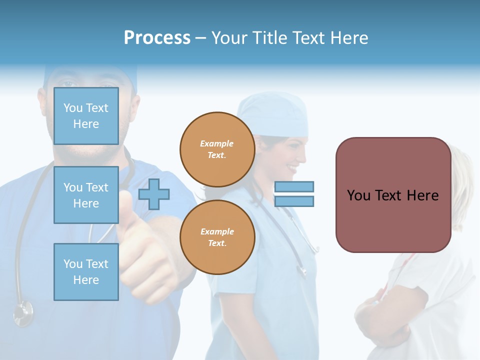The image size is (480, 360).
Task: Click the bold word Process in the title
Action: click(x=157, y=37)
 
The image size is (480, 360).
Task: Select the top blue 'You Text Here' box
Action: click(x=86, y=116)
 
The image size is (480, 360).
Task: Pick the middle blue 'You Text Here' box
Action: click(x=86, y=195)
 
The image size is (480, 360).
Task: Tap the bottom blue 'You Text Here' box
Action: click(x=86, y=272)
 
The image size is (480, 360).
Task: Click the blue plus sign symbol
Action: click(x=154, y=194)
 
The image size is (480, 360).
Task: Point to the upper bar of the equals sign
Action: click(x=294, y=186)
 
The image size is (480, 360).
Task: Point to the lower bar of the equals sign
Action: click(x=294, y=201)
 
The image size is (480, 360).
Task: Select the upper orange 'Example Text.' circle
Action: click(x=217, y=149)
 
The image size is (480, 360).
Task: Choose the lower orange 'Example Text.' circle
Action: click(x=217, y=237)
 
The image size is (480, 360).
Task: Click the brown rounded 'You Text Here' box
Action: click(x=393, y=195)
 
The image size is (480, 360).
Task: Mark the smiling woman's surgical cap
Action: click(x=272, y=114)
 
